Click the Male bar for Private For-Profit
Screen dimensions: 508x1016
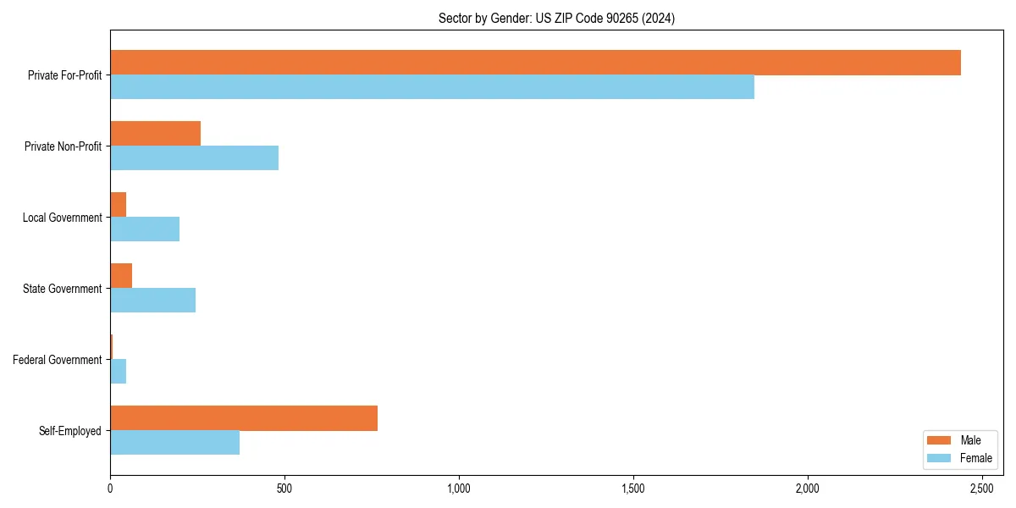(535, 63)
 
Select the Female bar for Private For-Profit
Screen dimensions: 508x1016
(432, 87)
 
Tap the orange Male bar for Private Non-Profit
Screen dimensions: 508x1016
(155, 134)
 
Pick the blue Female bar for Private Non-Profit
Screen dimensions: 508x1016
(194, 158)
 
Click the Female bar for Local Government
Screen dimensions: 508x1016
(145, 229)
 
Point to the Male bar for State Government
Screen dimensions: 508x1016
(121, 276)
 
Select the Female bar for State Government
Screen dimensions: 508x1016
(152, 301)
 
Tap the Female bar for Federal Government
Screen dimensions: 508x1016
(118, 372)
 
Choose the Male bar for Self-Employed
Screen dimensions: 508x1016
(244, 418)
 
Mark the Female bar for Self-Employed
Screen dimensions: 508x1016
(174, 443)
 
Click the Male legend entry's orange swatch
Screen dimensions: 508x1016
(940, 440)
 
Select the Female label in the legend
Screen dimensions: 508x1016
(975, 458)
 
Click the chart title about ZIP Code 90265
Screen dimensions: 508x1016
(556, 18)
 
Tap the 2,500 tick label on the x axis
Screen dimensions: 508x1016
(981, 489)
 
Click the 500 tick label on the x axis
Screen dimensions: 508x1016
(284, 489)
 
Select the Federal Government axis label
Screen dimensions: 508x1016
(58, 360)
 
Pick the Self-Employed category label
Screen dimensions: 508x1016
(70, 431)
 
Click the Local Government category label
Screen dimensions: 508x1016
(63, 218)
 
